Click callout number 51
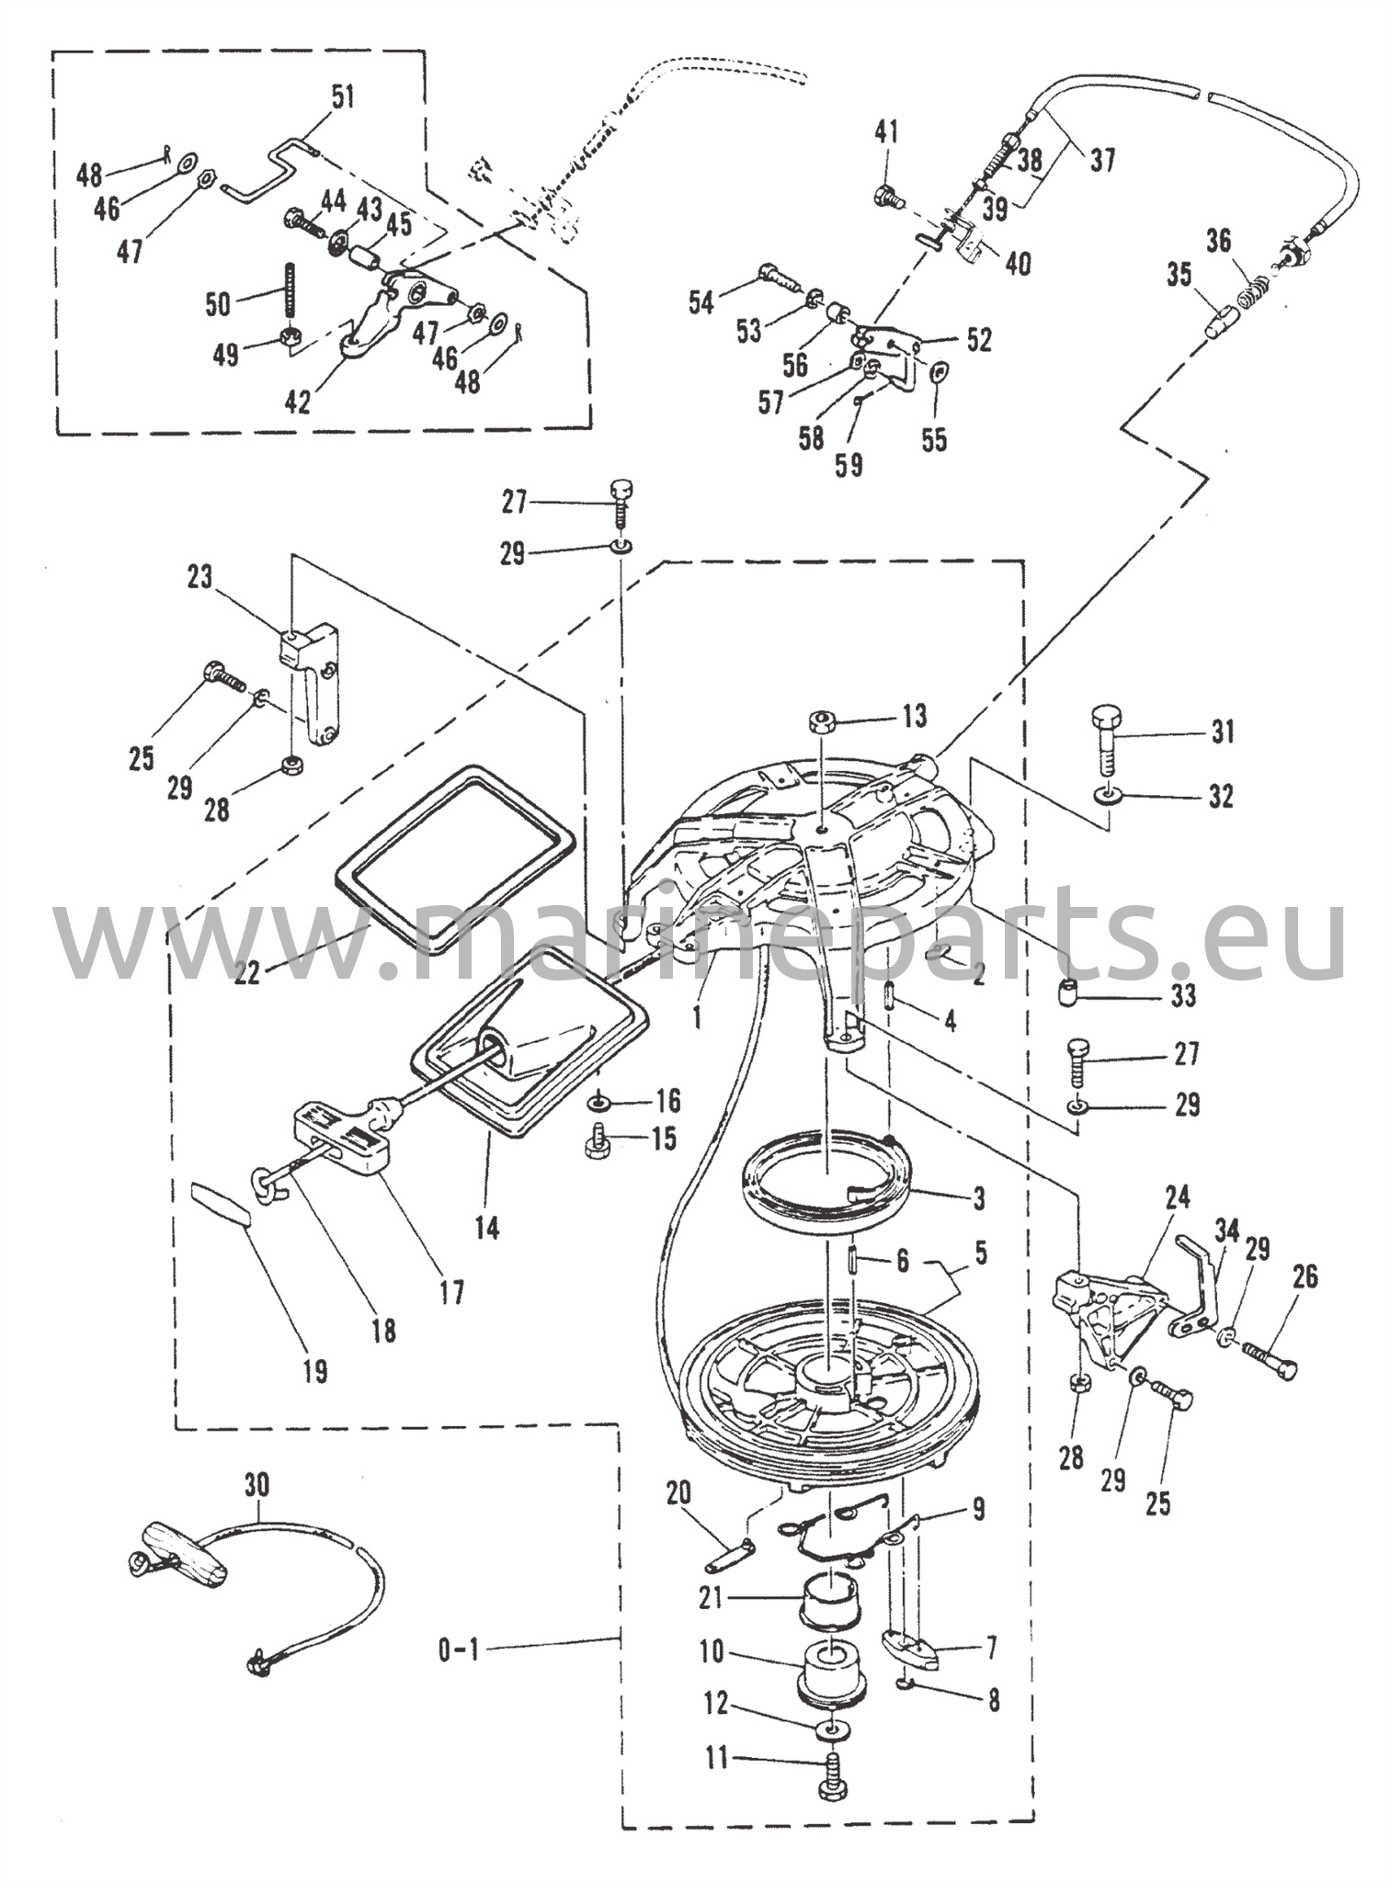click(x=342, y=96)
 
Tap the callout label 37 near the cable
click(x=1102, y=160)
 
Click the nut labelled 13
click(x=823, y=720)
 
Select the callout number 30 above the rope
click(x=258, y=1484)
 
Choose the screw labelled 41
click(x=888, y=195)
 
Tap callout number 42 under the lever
click(x=298, y=402)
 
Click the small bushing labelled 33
click(x=1066, y=994)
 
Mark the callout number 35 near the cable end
click(x=1179, y=274)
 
